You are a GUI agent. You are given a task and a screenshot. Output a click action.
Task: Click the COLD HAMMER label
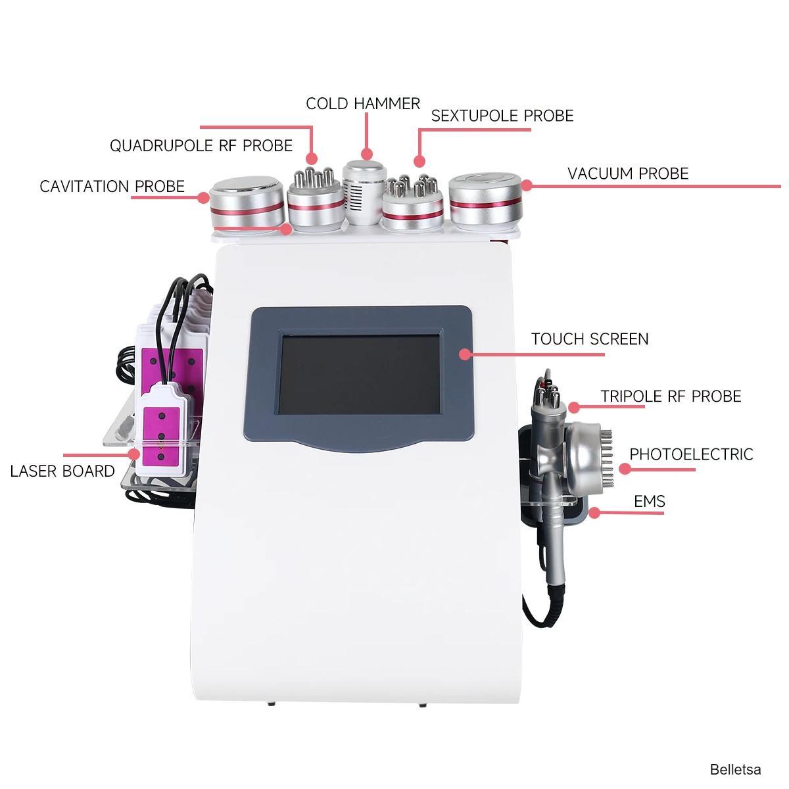(362, 104)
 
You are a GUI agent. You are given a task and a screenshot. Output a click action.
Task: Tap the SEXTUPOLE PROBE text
(502, 116)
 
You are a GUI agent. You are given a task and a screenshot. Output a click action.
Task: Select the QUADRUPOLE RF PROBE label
(201, 145)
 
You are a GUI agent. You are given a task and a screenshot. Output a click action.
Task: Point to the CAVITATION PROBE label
(112, 187)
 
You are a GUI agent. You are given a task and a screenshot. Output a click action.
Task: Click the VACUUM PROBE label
(628, 174)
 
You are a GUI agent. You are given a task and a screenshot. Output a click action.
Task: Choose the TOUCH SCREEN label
(590, 339)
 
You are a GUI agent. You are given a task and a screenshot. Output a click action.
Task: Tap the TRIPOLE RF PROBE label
(671, 396)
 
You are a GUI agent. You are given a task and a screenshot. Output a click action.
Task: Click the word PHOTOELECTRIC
(691, 454)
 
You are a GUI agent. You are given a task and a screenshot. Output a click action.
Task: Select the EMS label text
(650, 502)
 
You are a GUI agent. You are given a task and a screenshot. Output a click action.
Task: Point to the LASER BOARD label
(62, 471)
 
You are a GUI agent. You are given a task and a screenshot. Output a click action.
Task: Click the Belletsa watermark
(735, 769)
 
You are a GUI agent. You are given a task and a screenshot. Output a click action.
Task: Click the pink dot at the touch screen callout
(465, 354)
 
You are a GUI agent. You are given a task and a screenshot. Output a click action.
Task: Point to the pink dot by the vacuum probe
(527, 186)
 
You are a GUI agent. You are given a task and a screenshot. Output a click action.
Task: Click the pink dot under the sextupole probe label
(419, 160)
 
